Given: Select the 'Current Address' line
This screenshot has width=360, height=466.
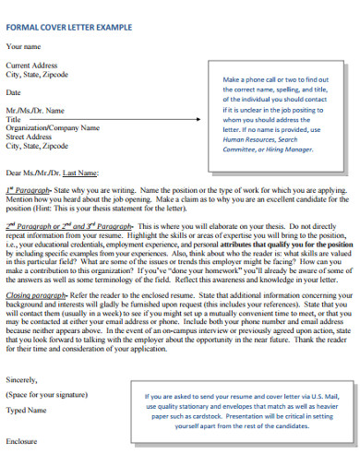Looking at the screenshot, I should (33, 66).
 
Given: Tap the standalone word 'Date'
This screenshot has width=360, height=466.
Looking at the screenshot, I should (14, 93).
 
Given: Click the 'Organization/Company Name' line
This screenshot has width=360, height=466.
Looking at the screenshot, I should (51, 128).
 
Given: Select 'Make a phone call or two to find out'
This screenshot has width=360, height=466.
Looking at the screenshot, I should (275, 80).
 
